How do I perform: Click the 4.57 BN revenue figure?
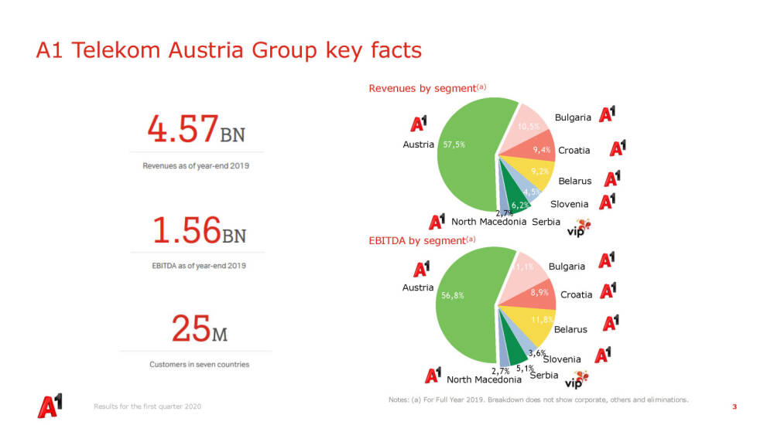click(196, 129)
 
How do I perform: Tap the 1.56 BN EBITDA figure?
click(198, 230)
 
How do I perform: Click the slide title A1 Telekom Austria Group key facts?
click(229, 51)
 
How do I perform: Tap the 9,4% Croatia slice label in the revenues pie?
click(541, 150)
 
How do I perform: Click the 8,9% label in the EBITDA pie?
click(539, 292)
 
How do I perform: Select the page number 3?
click(734, 406)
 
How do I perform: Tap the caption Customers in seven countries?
click(199, 364)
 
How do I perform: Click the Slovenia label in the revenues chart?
click(569, 204)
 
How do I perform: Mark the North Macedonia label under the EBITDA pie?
click(484, 379)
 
